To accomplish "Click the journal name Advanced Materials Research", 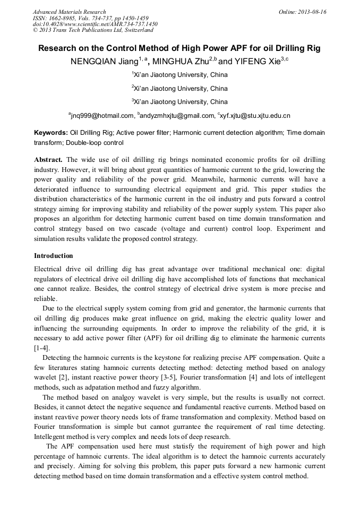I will tap(69, 12).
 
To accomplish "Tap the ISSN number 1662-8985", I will tap(69, 18).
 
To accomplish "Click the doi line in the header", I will tap(95, 24).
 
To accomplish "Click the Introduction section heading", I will tap(54, 255).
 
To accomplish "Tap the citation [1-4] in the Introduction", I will tap(42, 348).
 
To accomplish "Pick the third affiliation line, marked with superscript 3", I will tap(180, 102).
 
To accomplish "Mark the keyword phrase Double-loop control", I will tap(95, 142).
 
